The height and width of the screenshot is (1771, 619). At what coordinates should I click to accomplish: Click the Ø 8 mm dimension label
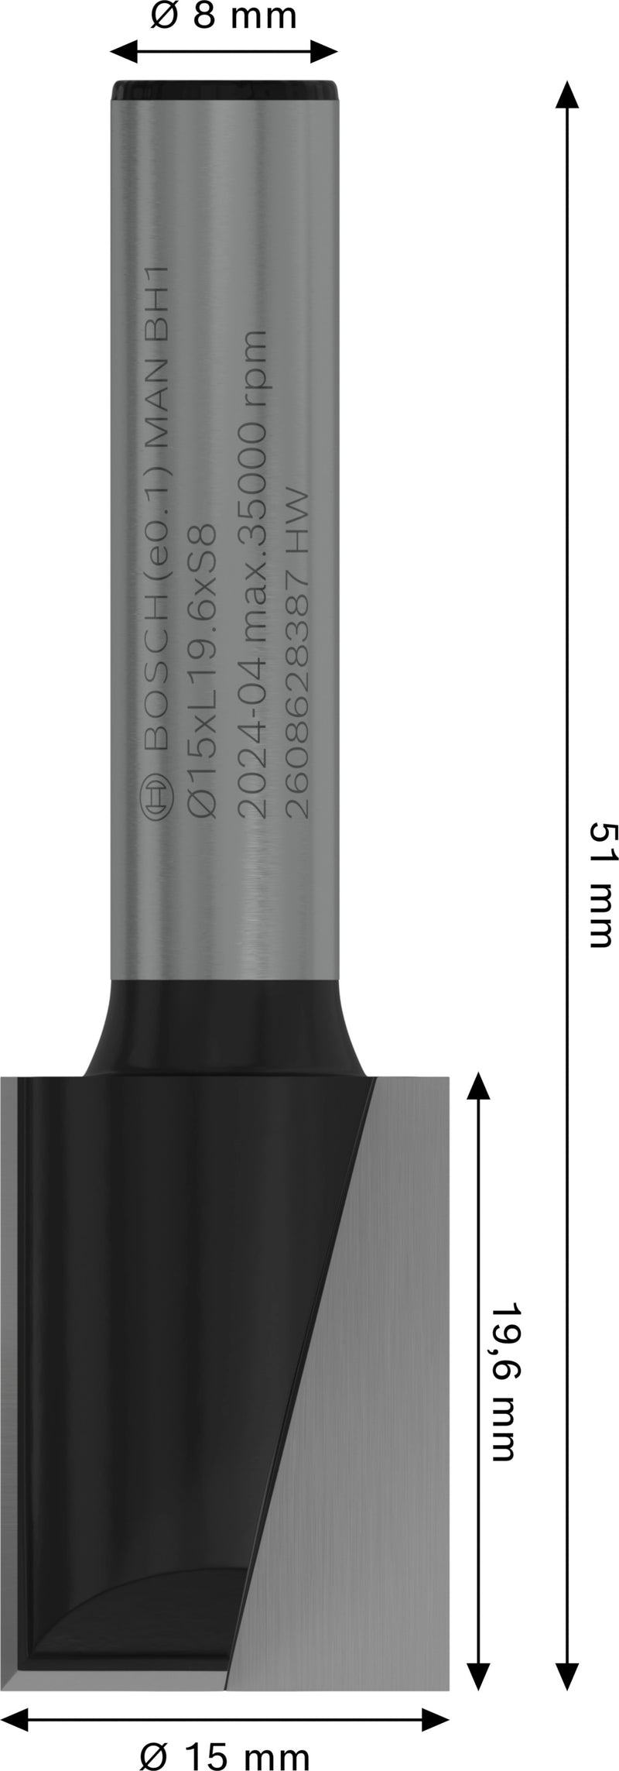coord(224,16)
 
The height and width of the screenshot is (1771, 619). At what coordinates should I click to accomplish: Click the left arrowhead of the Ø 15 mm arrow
coord(15,1714)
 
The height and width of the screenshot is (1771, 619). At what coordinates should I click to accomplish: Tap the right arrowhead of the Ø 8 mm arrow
coord(325,52)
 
